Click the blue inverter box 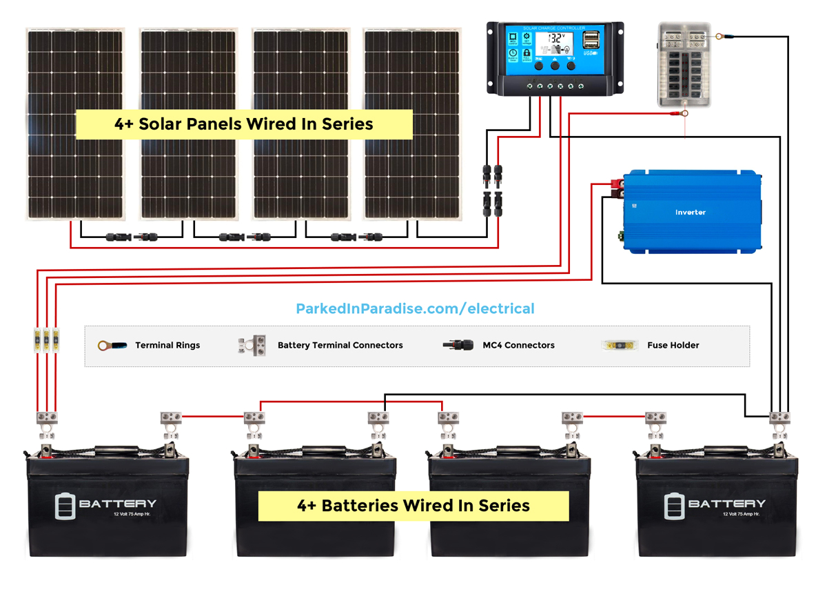692,211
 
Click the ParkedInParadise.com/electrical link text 415,308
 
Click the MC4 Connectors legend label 518,345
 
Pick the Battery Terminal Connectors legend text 340,345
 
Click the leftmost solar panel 75,124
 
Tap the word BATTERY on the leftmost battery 117,504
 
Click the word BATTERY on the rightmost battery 726,504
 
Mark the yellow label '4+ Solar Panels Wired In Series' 243,124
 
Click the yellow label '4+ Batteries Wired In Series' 413,506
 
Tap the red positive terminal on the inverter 615,184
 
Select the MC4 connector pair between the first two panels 132,237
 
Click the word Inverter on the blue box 690,213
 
